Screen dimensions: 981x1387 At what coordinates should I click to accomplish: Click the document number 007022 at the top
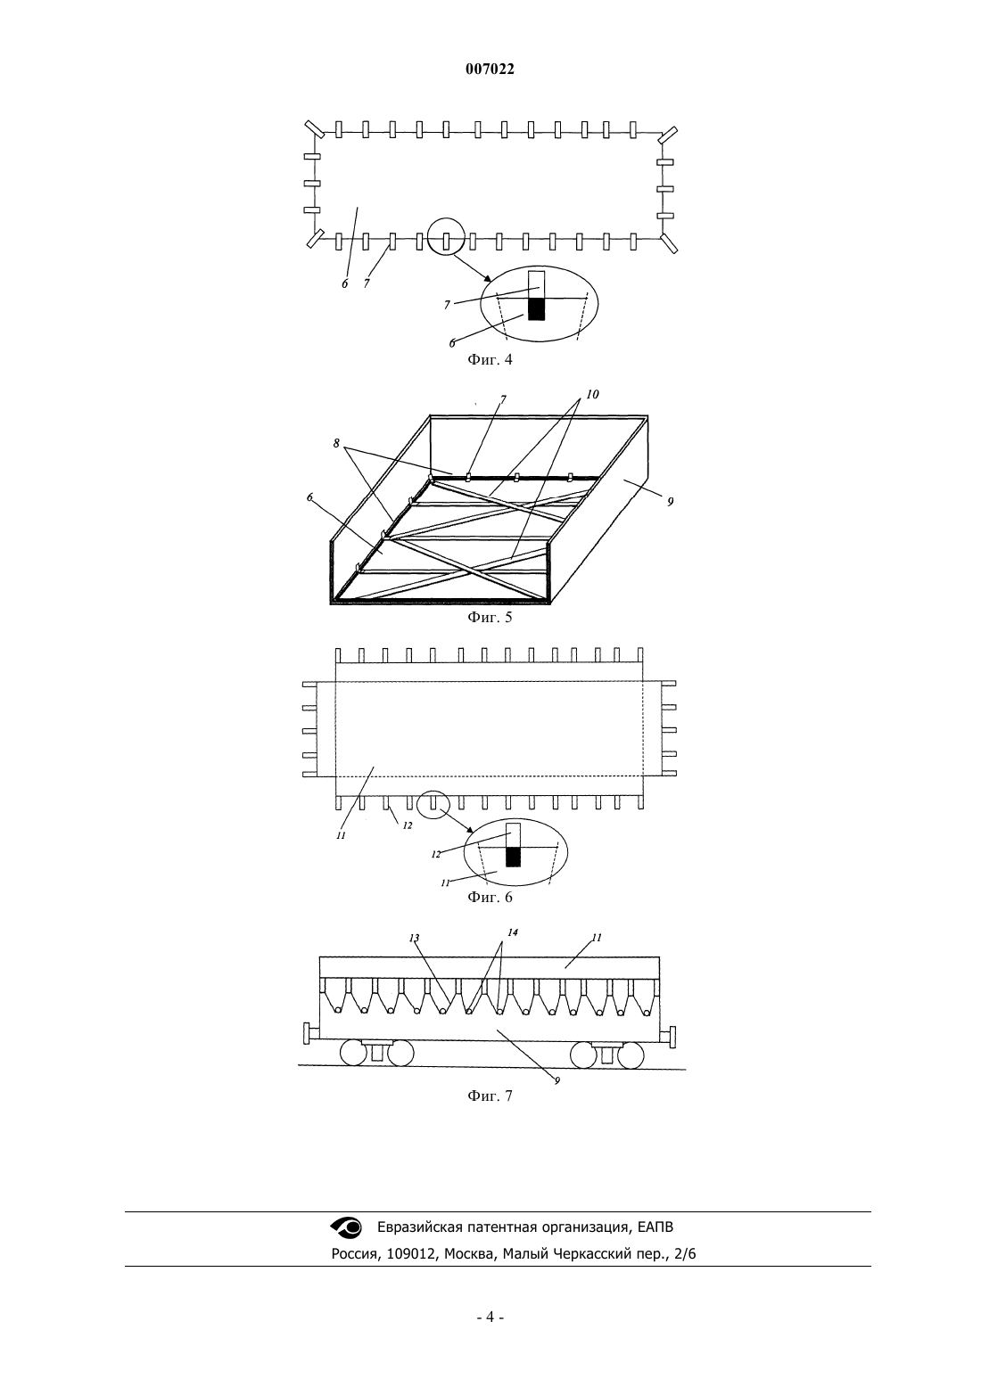tap(490, 70)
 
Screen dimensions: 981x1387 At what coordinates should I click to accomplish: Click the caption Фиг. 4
tap(490, 360)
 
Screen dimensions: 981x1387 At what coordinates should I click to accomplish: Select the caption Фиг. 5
tap(490, 618)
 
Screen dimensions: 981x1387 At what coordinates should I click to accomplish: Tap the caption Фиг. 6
tap(490, 898)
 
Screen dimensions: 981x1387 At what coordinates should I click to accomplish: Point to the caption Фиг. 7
tap(490, 1096)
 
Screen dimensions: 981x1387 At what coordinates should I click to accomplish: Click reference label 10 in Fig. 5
tap(592, 394)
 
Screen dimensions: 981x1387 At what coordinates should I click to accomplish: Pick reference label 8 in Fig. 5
tap(336, 443)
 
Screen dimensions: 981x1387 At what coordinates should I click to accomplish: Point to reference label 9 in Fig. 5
tap(670, 502)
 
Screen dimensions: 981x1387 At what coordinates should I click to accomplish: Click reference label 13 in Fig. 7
tap(415, 938)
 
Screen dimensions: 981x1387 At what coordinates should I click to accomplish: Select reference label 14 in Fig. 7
tap(512, 932)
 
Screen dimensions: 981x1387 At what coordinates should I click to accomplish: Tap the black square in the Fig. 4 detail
tap(536, 309)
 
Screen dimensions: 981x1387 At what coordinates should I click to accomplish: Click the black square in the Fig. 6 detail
tap(514, 857)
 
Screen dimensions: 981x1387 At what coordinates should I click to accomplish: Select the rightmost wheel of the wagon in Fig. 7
tap(631, 1055)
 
